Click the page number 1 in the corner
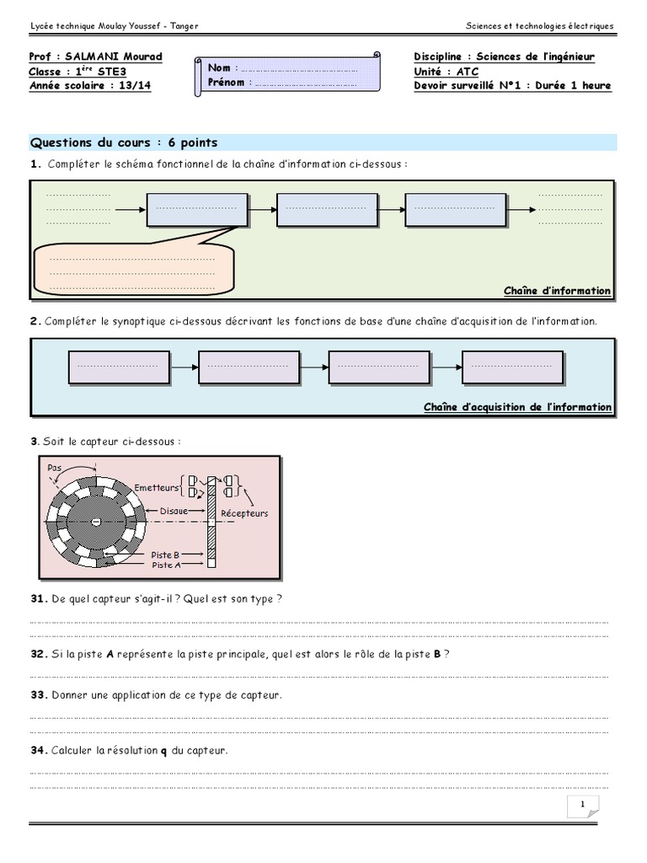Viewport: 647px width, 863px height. click(x=581, y=806)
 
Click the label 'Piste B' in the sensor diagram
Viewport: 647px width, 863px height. click(x=165, y=555)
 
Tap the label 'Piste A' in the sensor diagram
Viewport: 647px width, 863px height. click(x=165, y=565)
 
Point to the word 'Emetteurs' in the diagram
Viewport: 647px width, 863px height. click(x=157, y=487)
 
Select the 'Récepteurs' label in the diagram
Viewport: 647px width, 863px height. click(x=244, y=513)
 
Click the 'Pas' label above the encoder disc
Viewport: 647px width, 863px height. click(x=55, y=468)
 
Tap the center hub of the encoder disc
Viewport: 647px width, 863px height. click(x=95, y=523)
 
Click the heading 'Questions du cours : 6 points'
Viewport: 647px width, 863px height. click(x=123, y=142)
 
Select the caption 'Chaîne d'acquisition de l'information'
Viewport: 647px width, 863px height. click(x=517, y=407)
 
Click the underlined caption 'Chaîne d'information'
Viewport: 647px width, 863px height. click(x=557, y=291)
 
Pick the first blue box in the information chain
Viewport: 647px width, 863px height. click(x=197, y=209)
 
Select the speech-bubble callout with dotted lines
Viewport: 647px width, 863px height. click(x=132, y=271)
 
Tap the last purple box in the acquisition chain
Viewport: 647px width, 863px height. click(x=512, y=367)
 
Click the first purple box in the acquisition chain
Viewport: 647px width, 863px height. click(x=117, y=367)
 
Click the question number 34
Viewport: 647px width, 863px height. click(x=38, y=750)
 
